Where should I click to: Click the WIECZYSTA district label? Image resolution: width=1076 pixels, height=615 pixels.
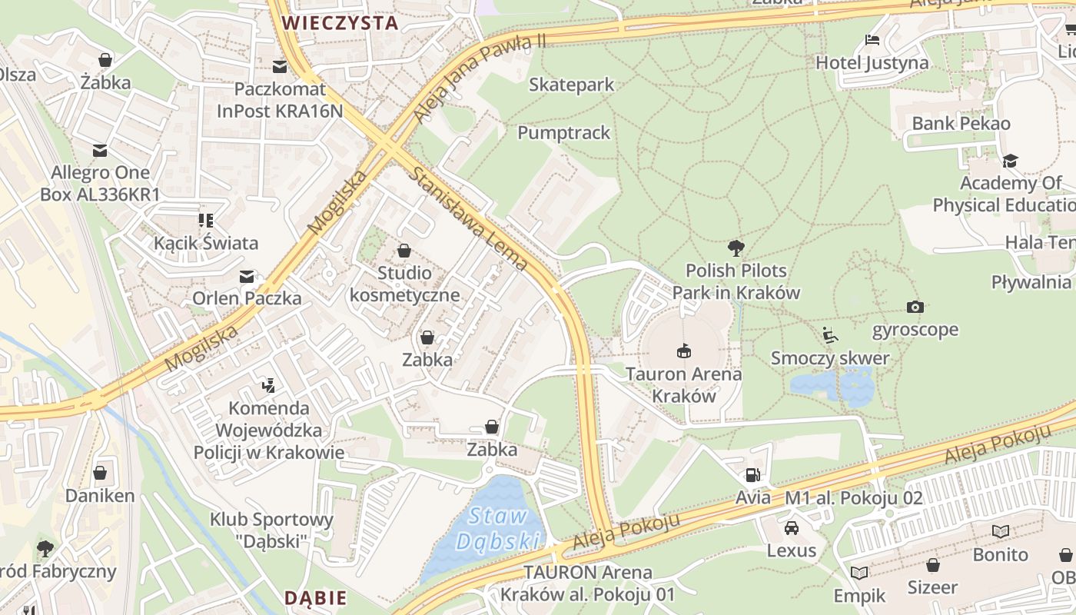point(340,23)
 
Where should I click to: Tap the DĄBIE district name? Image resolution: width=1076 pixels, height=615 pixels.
point(315,598)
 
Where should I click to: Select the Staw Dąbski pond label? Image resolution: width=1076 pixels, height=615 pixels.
point(498,529)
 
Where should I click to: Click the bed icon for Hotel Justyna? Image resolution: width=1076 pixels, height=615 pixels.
point(872,40)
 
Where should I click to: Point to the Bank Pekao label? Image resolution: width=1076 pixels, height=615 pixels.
point(961,123)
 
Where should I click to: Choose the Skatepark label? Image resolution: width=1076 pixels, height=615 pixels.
point(571,85)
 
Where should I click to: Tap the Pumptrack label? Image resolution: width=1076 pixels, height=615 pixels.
point(563,133)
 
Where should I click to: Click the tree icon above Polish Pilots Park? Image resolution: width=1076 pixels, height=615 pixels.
point(736,248)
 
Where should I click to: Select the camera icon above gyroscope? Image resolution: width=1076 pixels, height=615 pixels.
point(915,307)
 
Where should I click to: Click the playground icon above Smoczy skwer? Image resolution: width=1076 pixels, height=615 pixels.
point(829,335)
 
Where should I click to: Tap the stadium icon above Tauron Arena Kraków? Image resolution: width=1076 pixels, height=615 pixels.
point(683,351)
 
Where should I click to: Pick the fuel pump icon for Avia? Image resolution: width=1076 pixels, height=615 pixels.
point(752,475)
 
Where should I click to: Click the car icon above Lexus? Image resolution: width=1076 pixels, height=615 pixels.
point(791,528)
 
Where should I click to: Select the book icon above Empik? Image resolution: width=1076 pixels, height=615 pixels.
point(859,573)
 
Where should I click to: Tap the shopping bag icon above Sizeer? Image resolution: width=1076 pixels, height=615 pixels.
point(932,565)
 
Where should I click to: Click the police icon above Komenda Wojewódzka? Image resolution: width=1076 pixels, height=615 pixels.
point(268,384)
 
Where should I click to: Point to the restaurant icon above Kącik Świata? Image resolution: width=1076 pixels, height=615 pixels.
point(205,221)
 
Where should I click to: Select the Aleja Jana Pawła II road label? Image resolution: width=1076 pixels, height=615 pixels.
point(479,77)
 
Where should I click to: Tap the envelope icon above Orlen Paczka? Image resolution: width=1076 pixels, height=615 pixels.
point(247,276)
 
